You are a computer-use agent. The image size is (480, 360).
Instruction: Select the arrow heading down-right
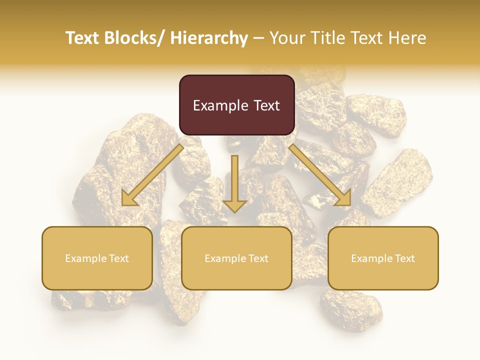tap(320, 175)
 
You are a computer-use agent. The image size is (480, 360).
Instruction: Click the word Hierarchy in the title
tap(209, 38)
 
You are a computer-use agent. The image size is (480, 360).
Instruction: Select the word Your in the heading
tap(286, 38)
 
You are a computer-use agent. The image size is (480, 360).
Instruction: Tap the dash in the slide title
tap(258, 38)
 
